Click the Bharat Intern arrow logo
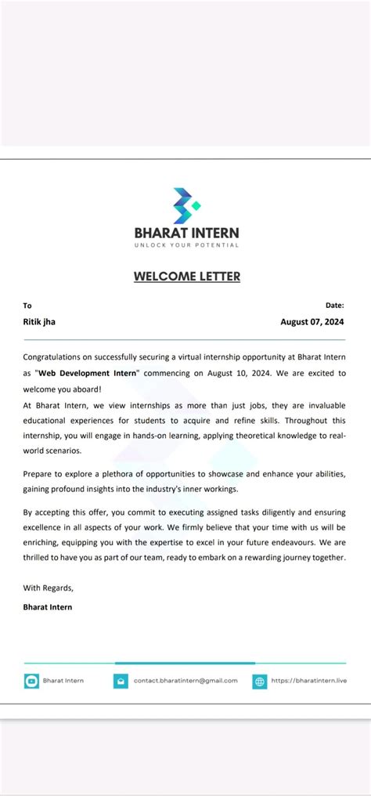[186, 206]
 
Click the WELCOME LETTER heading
[186, 276]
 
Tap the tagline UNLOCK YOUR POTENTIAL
[186, 245]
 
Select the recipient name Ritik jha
[39, 321]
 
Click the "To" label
[27, 306]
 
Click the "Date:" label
[334, 306]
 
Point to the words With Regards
[48, 588]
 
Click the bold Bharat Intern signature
[48, 606]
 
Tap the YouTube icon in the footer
[31, 681]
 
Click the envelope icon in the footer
[121, 681]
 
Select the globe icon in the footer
[260, 681]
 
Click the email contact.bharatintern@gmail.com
[185, 681]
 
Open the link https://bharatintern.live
[308, 681]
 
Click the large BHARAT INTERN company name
[186, 233]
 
